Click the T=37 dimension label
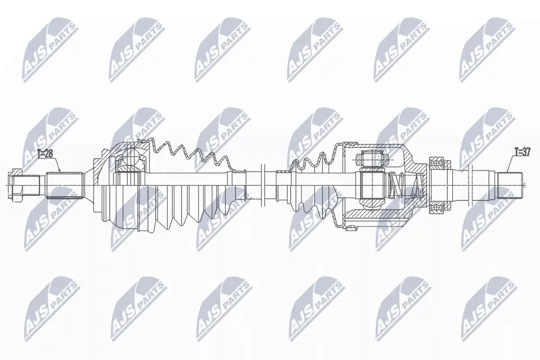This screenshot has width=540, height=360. click(x=523, y=151)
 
